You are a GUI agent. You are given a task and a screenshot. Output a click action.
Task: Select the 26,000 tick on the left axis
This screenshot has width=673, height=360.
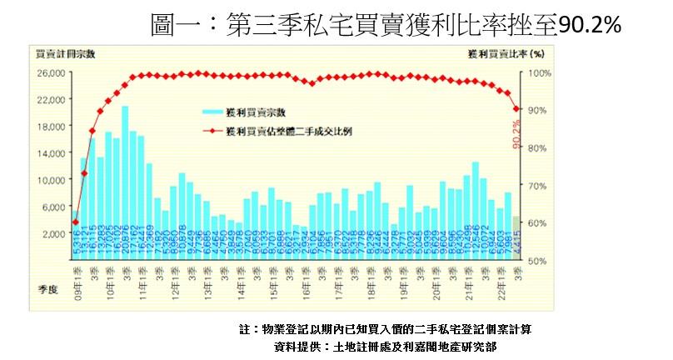52,73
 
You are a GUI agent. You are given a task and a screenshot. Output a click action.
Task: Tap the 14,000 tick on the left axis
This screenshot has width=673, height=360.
52,153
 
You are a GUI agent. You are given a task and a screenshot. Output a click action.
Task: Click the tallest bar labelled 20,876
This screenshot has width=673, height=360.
125,167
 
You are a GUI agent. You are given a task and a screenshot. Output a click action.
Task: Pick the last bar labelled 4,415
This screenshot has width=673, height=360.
516,237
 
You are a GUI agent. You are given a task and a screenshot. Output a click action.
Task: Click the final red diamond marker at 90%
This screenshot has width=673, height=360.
516,109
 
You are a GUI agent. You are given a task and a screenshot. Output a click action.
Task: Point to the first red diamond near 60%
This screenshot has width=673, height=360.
76,222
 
